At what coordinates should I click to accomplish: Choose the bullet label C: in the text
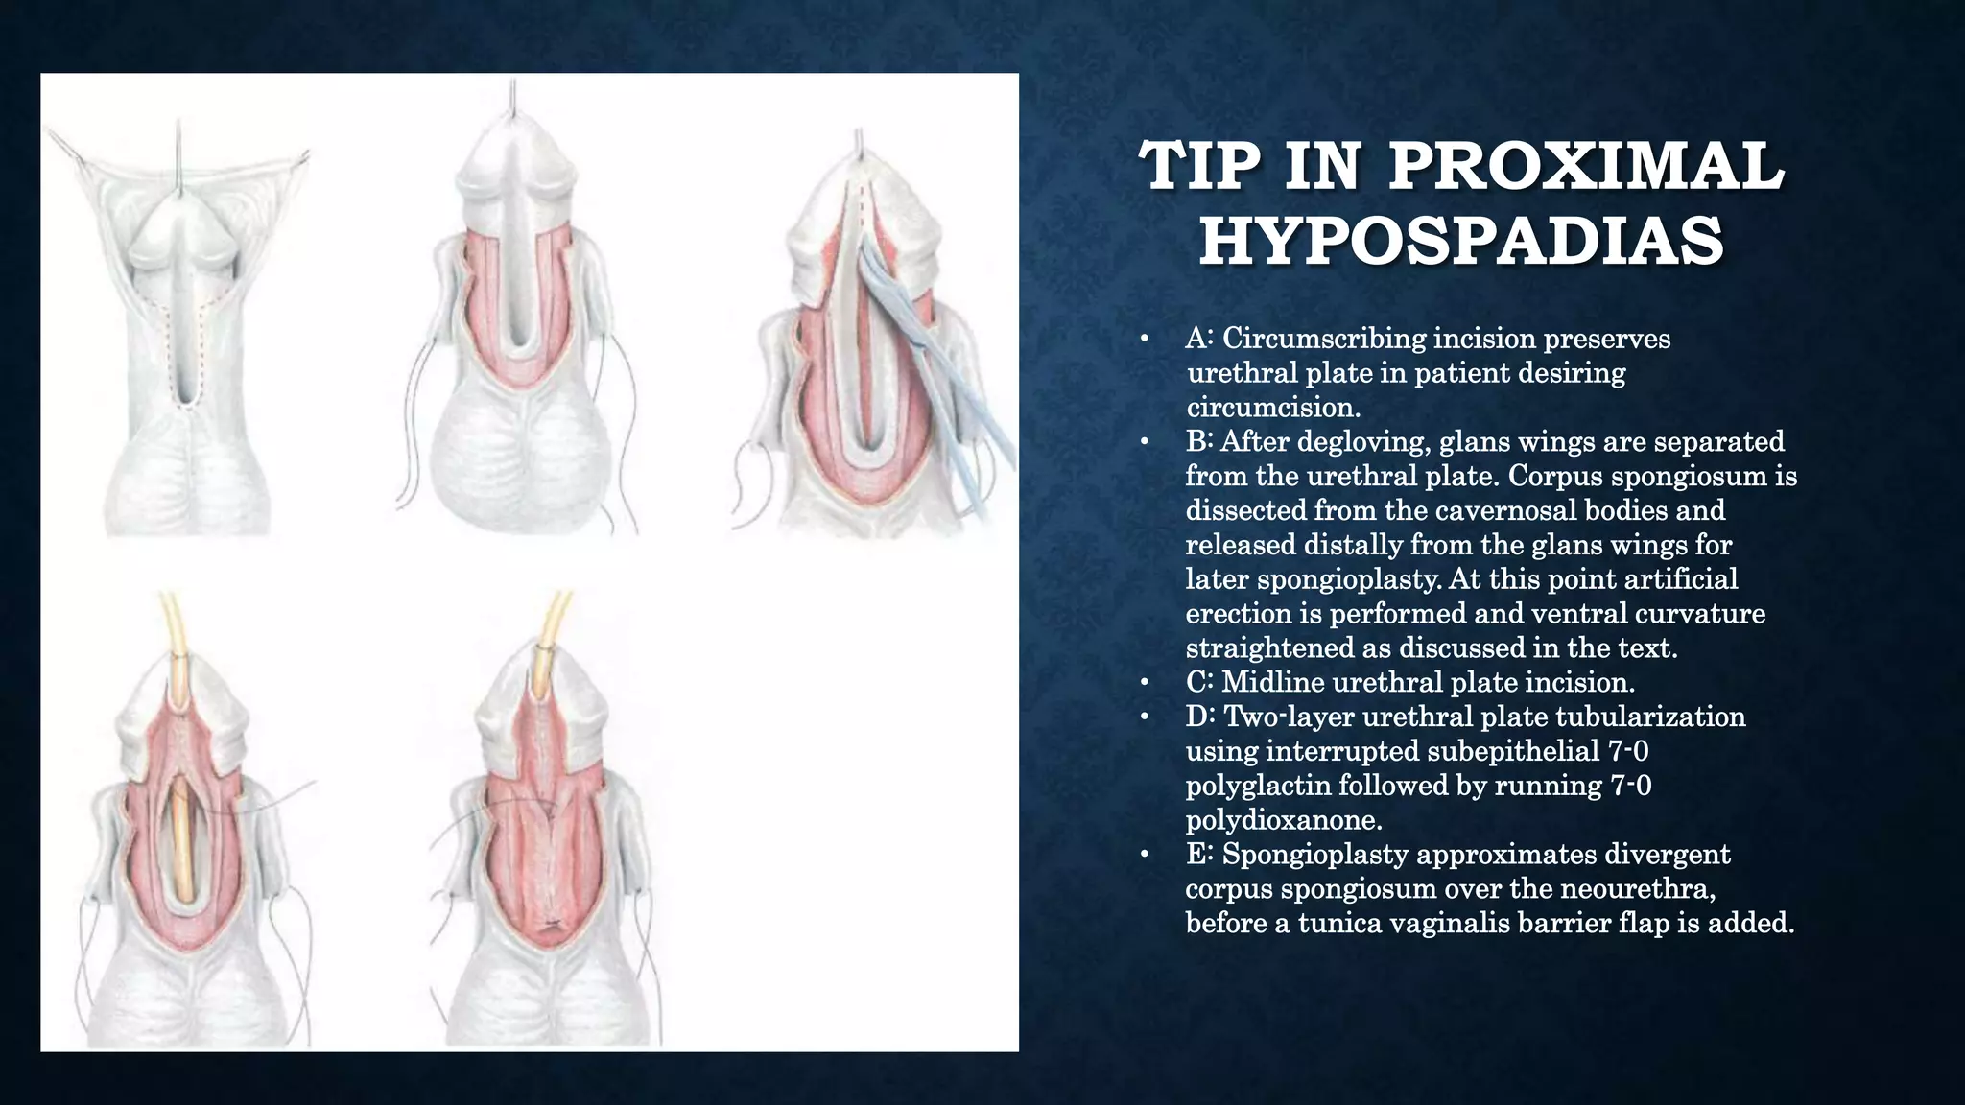click(x=1199, y=682)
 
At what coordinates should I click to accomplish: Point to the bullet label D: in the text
click(x=1200, y=717)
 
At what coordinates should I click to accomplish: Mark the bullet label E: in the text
click(x=1199, y=854)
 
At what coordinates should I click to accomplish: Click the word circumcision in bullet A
click(x=1272, y=408)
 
